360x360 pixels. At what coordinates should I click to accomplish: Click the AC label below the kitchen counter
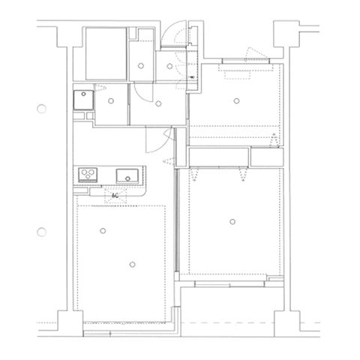click(x=115, y=196)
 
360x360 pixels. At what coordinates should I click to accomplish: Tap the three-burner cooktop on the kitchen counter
click(x=88, y=175)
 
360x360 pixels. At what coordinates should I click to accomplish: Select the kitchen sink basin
click(x=127, y=175)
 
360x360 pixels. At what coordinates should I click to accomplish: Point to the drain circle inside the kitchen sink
click(x=127, y=178)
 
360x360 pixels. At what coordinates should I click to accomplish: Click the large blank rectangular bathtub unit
click(x=106, y=54)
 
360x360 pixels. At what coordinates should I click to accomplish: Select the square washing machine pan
click(x=83, y=100)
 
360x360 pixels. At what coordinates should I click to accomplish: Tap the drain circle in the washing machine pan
click(x=83, y=94)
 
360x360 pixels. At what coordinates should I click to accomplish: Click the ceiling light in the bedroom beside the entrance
click(x=236, y=101)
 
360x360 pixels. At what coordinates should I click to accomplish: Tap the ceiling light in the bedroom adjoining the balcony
click(x=232, y=221)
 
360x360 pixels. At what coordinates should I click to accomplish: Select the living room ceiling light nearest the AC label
click(x=103, y=231)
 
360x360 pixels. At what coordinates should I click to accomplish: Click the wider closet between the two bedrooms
click(x=218, y=157)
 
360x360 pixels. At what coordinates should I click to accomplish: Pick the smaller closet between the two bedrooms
click(x=267, y=157)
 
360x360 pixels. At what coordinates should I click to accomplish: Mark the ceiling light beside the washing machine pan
click(x=111, y=101)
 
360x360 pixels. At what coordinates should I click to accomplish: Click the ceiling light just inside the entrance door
click(x=169, y=66)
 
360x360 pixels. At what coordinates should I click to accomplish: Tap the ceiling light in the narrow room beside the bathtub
click(x=141, y=66)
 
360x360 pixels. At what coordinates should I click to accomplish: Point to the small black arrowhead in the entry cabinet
click(x=192, y=77)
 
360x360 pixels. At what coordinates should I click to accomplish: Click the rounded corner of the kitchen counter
click(x=142, y=193)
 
